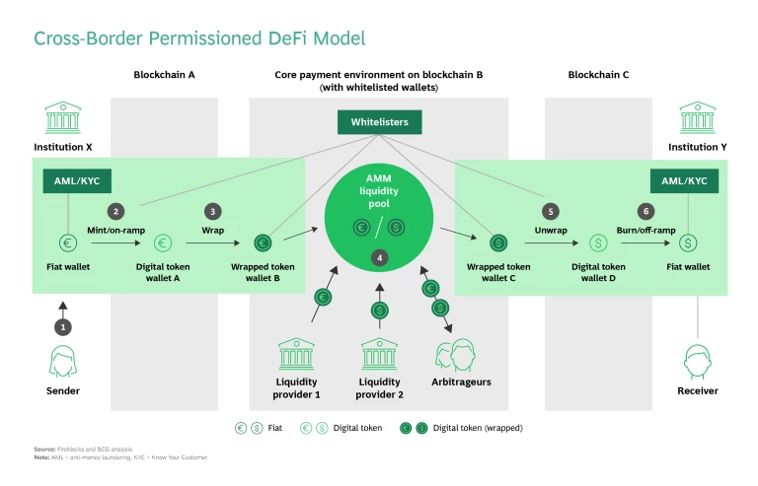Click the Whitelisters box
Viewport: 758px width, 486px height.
click(x=379, y=122)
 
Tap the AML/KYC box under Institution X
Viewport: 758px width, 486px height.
click(x=68, y=181)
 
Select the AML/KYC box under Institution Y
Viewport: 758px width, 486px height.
click(x=684, y=181)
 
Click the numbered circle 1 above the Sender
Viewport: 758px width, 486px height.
click(x=64, y=326)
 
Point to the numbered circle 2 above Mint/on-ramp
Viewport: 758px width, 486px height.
click(x=116, y=211)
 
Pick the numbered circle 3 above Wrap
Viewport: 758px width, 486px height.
click(x=212, y=211)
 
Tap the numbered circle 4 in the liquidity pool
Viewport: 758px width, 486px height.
click(x=379, y=257)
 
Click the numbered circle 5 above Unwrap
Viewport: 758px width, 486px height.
click(x=550, y=211)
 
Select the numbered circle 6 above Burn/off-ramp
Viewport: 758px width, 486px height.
click(x=645, y=211)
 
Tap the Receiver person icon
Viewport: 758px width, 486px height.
click(x=698, y=362)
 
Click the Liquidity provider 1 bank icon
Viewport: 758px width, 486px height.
click(x=297, y=354)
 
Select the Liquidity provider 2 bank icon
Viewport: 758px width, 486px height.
click(x=379, y=354)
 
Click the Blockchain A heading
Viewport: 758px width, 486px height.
click(x=164, y=74)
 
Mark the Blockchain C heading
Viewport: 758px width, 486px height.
click(x=598, y=74)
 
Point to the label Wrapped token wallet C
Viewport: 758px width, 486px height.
click(x=499, y=272)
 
